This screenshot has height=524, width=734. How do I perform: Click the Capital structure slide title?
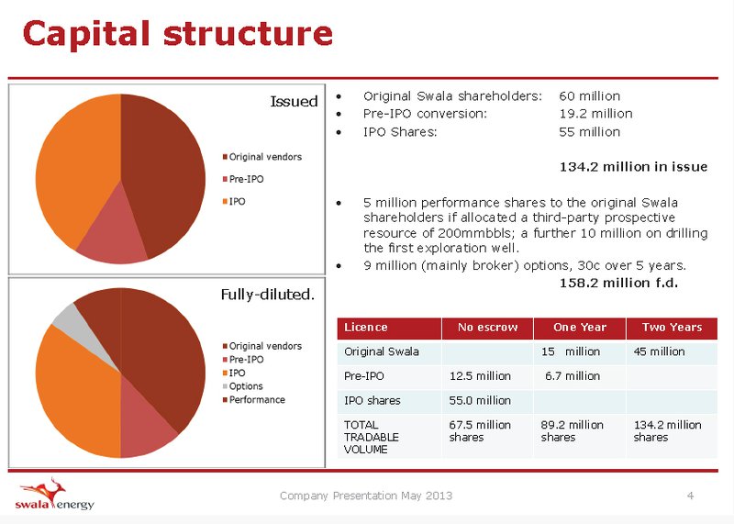coord(177,34)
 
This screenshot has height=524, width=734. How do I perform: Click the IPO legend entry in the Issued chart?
coord(234,201)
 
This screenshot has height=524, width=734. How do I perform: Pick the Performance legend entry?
coord(254,399)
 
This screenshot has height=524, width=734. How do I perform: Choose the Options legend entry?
coord(242,386)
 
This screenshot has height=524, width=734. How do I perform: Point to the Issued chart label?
coord(294,101)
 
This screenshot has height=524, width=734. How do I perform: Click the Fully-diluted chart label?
coord(268,294)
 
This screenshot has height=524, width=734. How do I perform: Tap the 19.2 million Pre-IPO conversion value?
coord(595,114)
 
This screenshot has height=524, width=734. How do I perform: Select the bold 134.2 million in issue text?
coord(633,167)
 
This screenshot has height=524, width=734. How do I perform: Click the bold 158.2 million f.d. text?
coord(618,283)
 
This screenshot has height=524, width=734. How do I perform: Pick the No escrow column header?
coord(487,328)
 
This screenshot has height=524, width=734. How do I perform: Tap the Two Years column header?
coord(672,328)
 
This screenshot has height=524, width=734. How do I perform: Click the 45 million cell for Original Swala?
coord(659,351)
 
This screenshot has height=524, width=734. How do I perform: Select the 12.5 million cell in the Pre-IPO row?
coord(480,376)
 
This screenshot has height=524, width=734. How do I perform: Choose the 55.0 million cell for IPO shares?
coord(480,400)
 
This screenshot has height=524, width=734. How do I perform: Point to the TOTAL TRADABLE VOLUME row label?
coord(372,437)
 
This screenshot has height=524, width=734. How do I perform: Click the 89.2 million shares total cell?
coord(572,430)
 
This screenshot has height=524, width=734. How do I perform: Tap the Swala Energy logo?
coord(55,494)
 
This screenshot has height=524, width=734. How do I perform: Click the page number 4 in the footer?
coord(690,496)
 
